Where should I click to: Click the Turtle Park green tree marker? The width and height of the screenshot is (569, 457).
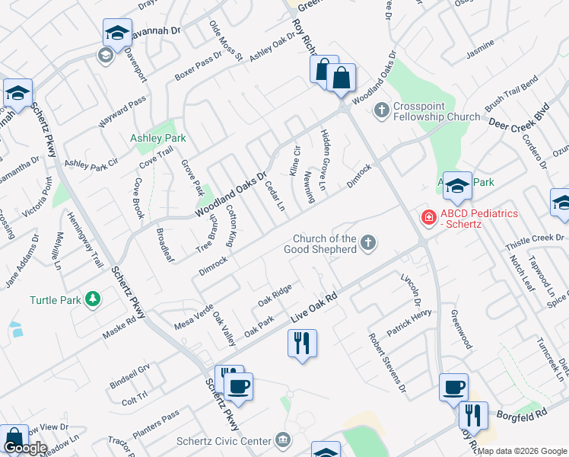tap(93, 299)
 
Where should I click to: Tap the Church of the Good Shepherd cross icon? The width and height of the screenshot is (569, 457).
tap(368, 243)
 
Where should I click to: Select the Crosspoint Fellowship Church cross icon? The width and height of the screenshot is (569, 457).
tap(382, 111)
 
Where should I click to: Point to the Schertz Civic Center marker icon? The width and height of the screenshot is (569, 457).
tap(283, 440)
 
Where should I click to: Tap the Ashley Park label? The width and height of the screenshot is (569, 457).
tap(158, 139)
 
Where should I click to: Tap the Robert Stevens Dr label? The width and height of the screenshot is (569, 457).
tap(387, 362)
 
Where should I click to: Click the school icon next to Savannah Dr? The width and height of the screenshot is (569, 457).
tap(116, 33)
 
